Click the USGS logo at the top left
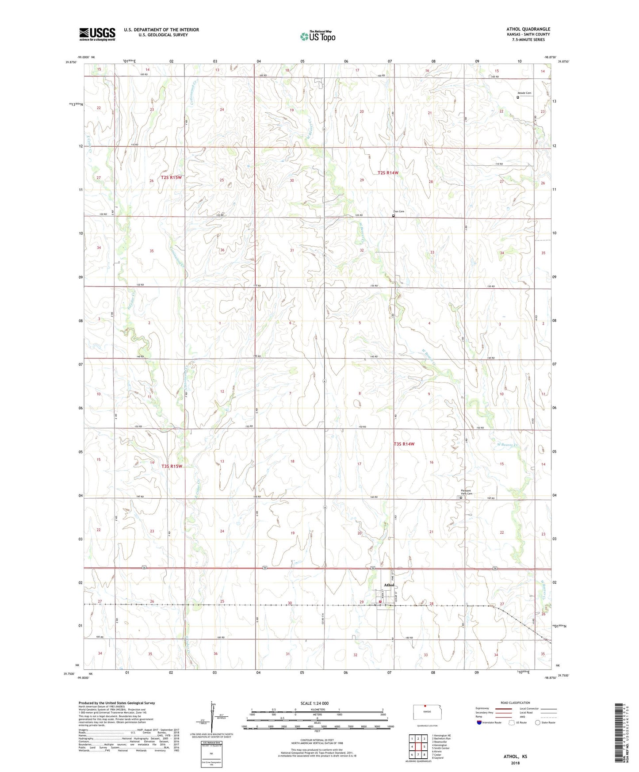(x=97, y=34)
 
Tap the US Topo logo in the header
(x=317, y=36)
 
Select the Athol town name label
(x=389, y=585)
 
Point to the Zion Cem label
(x=399, y=212)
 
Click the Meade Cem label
(x=524, y=93)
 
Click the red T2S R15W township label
(x=172, y=177)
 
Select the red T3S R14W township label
(x=404, y=443)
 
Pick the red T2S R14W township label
(x=388, y=173)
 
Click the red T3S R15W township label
(x=172, y=466)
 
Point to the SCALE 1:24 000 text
(x=314, y=703)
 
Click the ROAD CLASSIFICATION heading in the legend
(x=515, y=703)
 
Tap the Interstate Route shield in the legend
(x=479, y=722)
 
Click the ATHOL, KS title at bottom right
(x=515, y=757)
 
